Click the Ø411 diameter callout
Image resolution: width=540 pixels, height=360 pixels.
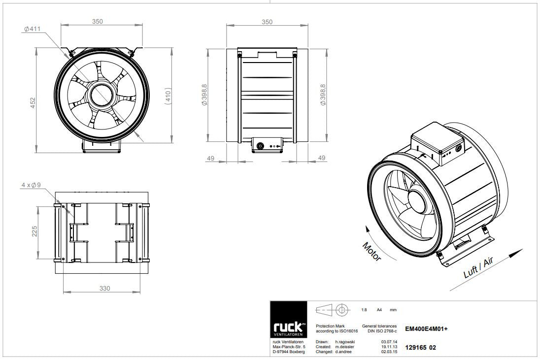[33, 29]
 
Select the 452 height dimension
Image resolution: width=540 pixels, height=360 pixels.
[33, 103]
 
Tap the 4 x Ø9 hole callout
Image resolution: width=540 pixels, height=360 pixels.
[31, 185]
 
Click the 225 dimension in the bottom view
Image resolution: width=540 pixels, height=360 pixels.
[34, 231]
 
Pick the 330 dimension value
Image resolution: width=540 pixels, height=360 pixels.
[104, 289]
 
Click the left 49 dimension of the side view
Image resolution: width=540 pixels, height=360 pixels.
[210, 158]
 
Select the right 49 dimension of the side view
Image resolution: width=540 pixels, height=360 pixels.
[321, 158]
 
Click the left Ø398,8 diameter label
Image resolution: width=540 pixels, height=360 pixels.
[204, 95]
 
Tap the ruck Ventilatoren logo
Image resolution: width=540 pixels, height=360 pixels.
[288, 320]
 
